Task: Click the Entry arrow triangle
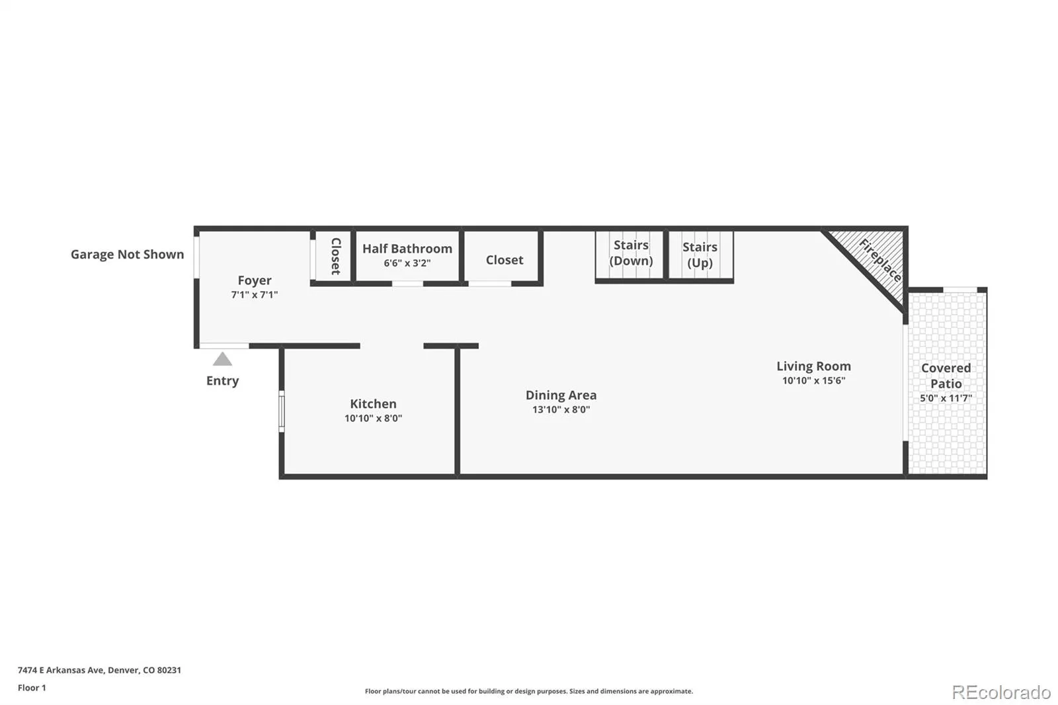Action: [x=222, y=359]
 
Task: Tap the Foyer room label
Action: [x=255, y=280]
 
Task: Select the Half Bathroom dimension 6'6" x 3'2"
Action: [x=407, y=263]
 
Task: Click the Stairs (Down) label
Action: [x=631, y=253]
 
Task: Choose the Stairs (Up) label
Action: [x=700, y=255]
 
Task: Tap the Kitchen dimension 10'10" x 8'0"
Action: [x=373, y=418]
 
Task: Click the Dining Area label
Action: [x=561, y=395]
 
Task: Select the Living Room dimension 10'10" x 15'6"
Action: [x=814, y=380]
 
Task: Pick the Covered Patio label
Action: [x=946, y=376]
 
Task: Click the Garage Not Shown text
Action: [x=128, y=255]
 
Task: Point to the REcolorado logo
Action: [x=1001, y=692]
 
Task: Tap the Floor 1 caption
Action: [x=32, y=688]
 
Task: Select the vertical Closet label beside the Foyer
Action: [x=336, y=256]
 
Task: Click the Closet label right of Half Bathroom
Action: [x=505, y=260]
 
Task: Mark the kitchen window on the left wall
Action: [x=282, y=411]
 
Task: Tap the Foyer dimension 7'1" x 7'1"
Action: [x=255, y=295]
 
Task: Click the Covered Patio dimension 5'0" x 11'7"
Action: [x=946, y=398]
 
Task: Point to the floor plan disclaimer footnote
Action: [x=529, y=691]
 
